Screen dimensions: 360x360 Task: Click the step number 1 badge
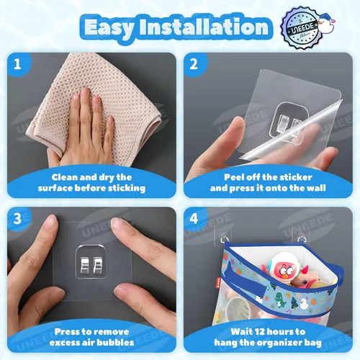tap(18, 64)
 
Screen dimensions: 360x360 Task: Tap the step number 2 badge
tap(194, 64)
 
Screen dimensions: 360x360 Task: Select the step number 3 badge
tap(18, 219)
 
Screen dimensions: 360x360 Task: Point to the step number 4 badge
tap(194, 219)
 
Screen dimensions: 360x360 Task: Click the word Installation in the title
tap(204, 27)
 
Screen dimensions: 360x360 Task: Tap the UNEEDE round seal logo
tap(302, 28)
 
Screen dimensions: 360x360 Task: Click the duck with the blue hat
tap(326, 24)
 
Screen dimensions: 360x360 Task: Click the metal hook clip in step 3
tap(91, 265)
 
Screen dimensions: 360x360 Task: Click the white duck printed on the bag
tap(304, 304)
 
